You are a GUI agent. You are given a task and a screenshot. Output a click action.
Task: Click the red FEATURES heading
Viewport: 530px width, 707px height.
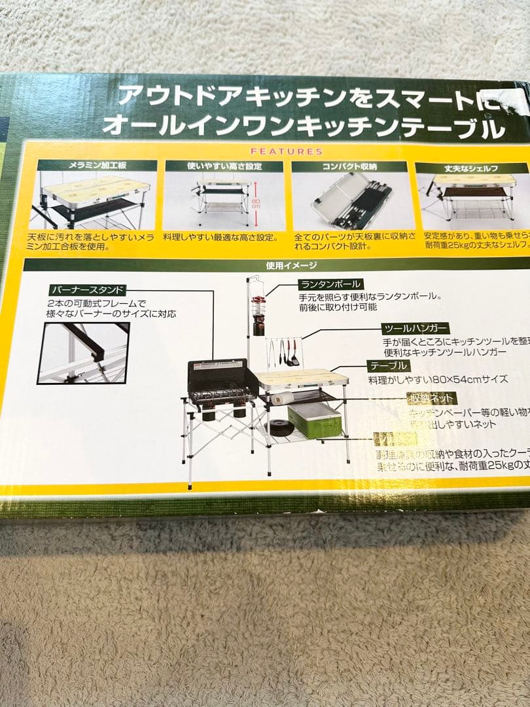click(x=287, y=151)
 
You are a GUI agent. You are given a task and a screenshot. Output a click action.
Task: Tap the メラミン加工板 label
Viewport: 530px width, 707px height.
click(x=96, y=166)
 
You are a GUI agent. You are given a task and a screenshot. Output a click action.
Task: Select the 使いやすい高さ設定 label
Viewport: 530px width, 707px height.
click(x=223, y=166)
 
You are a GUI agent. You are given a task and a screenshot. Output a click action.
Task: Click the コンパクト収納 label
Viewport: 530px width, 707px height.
click(x=349, y=166)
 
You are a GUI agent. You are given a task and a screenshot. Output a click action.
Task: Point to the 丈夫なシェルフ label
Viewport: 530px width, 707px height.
click(x=470, y=168)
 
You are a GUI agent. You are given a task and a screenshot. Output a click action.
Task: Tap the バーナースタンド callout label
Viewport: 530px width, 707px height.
click(x=86, y=290)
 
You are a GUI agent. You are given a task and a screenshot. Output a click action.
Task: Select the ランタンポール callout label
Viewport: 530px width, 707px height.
click(x=330, y=284)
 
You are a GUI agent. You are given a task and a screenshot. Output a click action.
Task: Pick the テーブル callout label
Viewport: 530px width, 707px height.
click(x=389, y=365)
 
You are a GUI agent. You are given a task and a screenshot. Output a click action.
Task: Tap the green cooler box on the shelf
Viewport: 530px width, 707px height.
click(x=315, y=420)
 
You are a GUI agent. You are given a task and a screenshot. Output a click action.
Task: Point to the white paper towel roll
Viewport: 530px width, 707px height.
click(x=282, y=398)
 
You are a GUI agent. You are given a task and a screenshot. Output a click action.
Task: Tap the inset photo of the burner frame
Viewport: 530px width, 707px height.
click(x=83, y=352)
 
